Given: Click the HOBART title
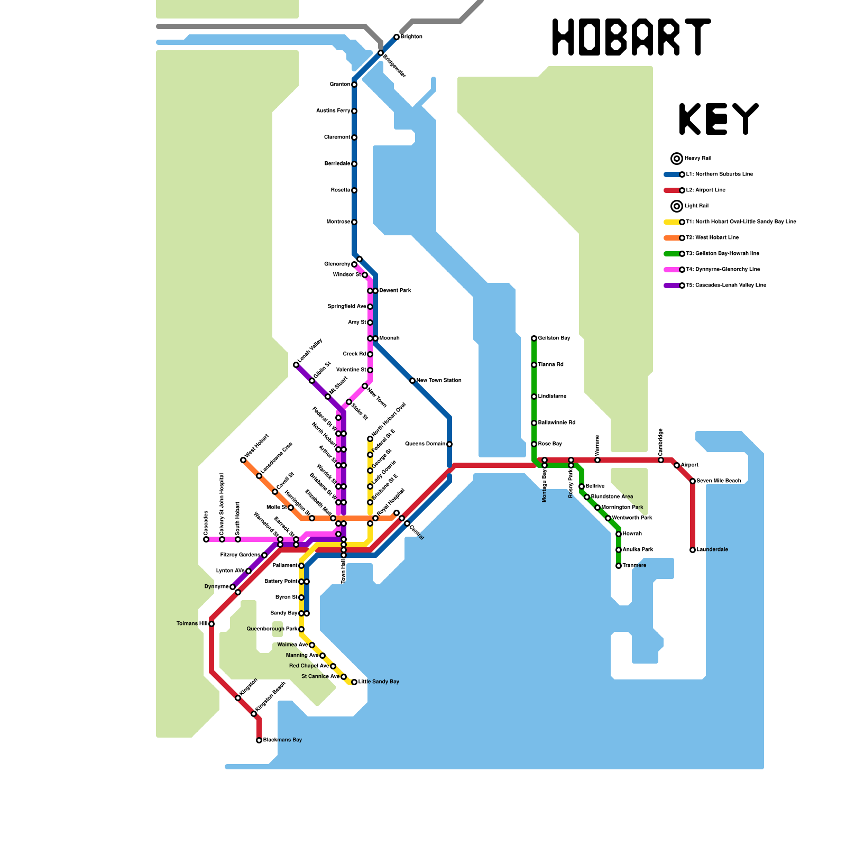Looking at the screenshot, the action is coord(631,37).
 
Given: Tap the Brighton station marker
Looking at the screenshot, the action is coord(397,37).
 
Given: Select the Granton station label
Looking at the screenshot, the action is coord(339,85).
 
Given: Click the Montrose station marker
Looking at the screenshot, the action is coord(354,222).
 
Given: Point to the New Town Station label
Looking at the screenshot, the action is coord(439,381).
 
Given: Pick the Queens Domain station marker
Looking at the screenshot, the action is coord(449,444).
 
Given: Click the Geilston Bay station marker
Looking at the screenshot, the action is coord(534,338).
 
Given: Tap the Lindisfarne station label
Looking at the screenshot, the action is coord(552,397).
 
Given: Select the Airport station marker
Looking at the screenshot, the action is coord(677,465).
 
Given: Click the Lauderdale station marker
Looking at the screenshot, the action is coord(693,550).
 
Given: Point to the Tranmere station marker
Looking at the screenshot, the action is coord(619,566).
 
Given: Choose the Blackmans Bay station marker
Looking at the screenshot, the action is coord(259,740).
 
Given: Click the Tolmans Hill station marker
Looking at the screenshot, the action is coord(212,624).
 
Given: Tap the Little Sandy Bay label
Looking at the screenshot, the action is coord(379,682).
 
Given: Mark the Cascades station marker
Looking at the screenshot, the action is coord(206,539).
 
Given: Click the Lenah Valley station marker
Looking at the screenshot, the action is coord(296,365).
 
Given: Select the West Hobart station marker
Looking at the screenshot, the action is coord(243,460).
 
